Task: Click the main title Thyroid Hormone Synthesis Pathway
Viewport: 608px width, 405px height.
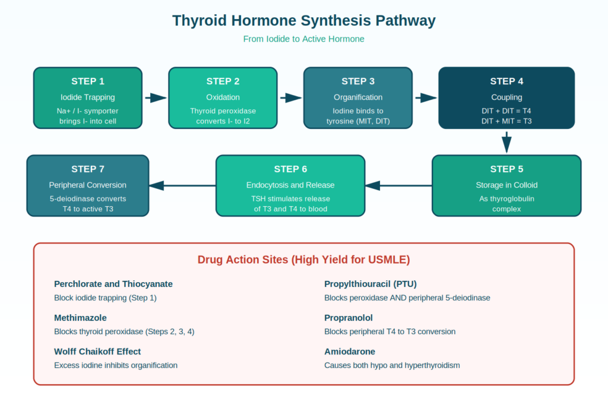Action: coord(303,21)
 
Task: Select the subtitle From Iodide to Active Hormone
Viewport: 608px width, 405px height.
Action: coord(303,39)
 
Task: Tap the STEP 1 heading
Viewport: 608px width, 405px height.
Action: coord(88,81)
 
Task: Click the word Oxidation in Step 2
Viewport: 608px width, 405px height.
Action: coord(223,97)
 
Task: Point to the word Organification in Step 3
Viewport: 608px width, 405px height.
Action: coord(358,97)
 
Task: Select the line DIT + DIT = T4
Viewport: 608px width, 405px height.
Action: coord(506,111)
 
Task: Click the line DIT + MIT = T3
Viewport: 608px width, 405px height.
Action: coord(506,121)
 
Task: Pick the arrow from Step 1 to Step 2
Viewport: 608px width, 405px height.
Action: coord(156,98)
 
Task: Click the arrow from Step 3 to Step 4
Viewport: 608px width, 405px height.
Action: coord(426,98)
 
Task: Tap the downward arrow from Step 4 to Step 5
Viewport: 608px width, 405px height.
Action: coord(506,142)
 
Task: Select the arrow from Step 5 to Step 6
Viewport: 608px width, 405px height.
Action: coord(398,186)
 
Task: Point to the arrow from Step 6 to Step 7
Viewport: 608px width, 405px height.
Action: coord(183,186)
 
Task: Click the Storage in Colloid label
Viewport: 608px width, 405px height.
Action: coord(506,185)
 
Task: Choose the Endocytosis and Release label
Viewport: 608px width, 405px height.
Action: coord(290,185)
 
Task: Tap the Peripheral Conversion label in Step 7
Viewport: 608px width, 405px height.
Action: coord(88,185)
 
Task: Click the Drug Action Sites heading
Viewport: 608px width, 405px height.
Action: coord(303,260)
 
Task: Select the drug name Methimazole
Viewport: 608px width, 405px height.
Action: coord(80,318)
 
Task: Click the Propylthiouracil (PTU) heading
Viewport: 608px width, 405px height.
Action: coord(370,284)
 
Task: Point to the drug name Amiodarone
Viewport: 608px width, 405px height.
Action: coord(350,352)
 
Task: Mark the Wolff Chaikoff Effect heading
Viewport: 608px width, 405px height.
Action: coord(97,352)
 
